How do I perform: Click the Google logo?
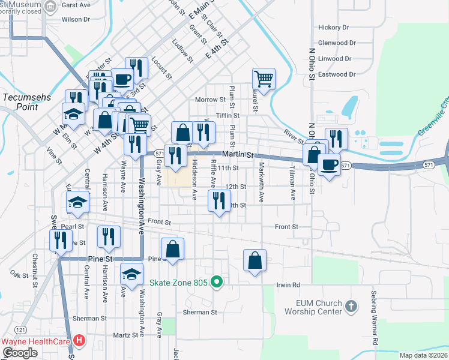click(x=20, y=353)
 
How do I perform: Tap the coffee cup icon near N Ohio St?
click(x=329, y=164)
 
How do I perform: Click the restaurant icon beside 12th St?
click(x=219, y=199)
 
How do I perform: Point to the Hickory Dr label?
click(x=333, y=28)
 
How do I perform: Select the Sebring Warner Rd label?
click(x=374, y=323)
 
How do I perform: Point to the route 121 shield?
click(x=21, y=330)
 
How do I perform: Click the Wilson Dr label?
click(x=76, y=19)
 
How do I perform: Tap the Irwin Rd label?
click(x=288, y=284)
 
